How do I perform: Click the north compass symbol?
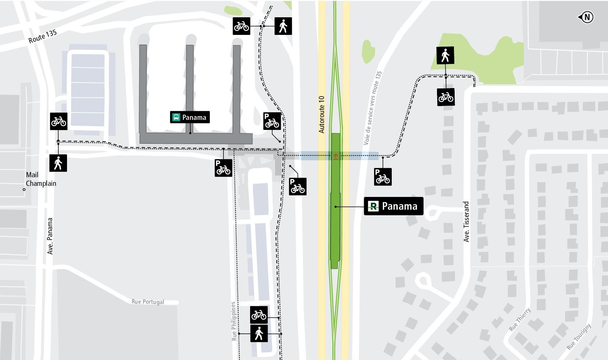586,17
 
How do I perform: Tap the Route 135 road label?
42,36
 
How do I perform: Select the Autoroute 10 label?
322,114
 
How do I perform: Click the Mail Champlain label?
41,179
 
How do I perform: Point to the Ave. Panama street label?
50,236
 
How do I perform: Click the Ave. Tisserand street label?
466,221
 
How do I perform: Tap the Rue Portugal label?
148,302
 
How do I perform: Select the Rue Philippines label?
234,321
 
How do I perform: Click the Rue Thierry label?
520,319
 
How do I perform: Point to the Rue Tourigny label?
579,336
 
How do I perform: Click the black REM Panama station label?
393,206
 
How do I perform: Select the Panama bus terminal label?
190,117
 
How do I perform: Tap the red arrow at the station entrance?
336,157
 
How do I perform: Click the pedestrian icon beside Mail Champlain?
58,163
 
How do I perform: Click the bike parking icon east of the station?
383,177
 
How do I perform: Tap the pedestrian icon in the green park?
445,55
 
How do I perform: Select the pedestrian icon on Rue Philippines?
259,334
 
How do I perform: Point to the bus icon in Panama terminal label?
176,117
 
